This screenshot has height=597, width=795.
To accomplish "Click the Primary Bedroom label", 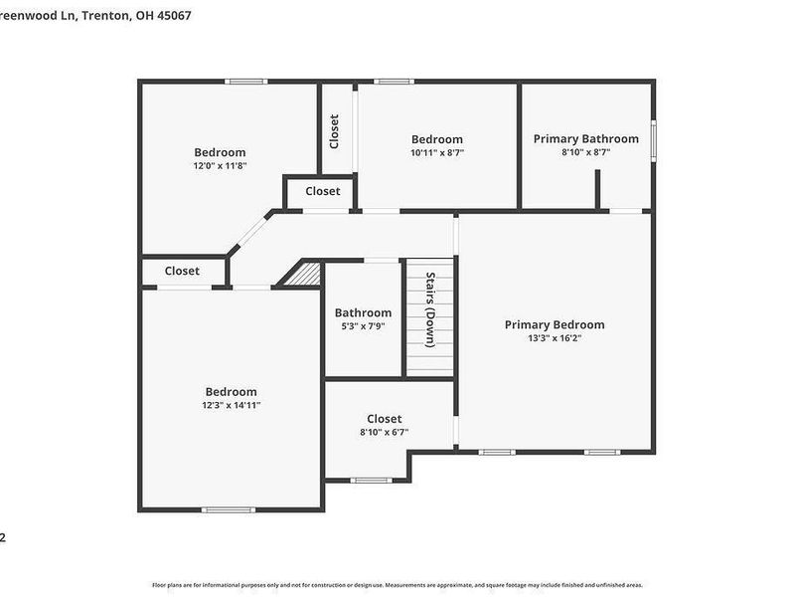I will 554,324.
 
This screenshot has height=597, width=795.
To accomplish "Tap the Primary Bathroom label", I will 585,138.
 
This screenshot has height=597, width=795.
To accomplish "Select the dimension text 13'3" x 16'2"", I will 554,338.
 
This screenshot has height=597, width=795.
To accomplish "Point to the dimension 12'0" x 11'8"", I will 220,166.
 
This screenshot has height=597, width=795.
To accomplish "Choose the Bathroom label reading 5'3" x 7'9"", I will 363,312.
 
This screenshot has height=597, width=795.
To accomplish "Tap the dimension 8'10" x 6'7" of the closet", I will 384,433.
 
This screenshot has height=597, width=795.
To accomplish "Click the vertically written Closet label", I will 335,131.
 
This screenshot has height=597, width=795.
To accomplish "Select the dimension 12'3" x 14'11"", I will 231,406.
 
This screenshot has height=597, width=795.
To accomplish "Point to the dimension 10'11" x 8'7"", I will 437,153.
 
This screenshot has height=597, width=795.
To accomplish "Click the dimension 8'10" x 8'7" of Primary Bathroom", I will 585,153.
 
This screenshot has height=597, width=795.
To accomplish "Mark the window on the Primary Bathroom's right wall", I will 653,139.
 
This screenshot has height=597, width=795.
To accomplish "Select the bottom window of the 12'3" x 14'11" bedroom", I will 222,509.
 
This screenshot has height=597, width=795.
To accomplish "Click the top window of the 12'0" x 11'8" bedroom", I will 246,82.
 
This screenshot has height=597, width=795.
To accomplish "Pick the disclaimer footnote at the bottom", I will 397,585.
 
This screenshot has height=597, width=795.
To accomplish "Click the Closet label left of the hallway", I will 182,271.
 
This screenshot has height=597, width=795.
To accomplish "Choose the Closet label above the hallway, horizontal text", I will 322,191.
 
